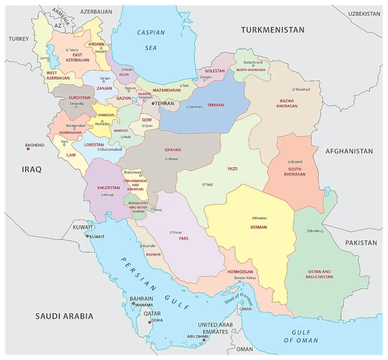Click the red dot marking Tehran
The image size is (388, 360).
(x=153, y=104)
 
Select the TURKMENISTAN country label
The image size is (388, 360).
(x=273, y=30)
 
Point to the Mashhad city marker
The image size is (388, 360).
(x=294, y=89)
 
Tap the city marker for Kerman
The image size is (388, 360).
(x=253, y=218)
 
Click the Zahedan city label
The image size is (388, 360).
(x=315, y=231)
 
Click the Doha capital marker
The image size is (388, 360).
(x=150, y=321)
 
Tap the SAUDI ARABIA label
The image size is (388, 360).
(x=64, y=315)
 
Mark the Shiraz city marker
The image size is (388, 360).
(x=171, y=233)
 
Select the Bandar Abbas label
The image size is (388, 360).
(x=245, y=278)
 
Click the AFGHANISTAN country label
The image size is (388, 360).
(x=349, y=151)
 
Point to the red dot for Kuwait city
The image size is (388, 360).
(x=87, y=237)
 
